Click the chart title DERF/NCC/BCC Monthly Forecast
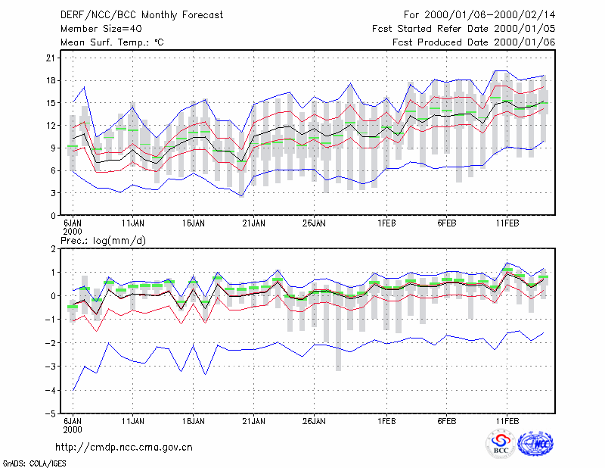(x=141, y=15)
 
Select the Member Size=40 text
(x=101, y=29)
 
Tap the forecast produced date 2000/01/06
(x=524, y=42)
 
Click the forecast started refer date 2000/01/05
(x=524, y=29)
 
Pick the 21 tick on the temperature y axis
(x=51, y=58)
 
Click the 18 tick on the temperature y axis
(x=51, y=80)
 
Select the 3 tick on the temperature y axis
(x=53, y=193)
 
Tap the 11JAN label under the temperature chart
(x=133, y=223)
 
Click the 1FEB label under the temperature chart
(x=386, y=223)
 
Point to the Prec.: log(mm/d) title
(x=103, y=241)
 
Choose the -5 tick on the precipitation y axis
(x=50, y=413)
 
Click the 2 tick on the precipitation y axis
(x=53, y=249)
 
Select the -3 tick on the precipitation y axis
(x=50, y=367)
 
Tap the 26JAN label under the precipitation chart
(x=314, y=421)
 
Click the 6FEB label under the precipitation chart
(x=447, y=421)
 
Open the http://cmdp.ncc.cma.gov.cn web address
(x=124, y=447)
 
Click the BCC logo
(x=501, y=445)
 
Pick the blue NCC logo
(x=535, y=444)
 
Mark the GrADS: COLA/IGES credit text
(x=34, y=463)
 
